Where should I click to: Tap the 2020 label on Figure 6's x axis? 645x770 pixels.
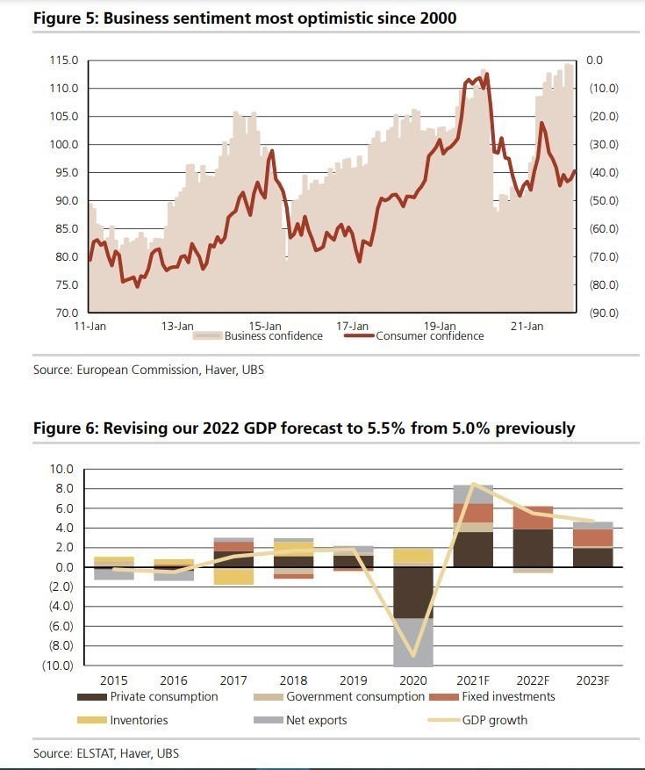(x=412, y=680)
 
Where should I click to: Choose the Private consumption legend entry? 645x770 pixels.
(x=164, y=697)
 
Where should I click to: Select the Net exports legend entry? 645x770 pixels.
(x=316, y=720)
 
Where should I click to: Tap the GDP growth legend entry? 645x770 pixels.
(x=494, y=720)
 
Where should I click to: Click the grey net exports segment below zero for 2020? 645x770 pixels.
(x=412, y=642)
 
